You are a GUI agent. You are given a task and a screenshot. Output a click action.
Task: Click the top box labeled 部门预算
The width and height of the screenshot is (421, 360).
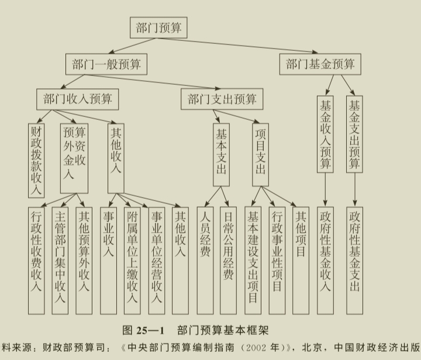[158, 27]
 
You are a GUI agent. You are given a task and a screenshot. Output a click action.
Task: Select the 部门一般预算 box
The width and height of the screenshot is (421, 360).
[106, 63]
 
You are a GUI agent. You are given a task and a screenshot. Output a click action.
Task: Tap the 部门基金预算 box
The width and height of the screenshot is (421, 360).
[320, 63]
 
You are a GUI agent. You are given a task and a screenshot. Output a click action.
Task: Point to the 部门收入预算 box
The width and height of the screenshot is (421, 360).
[77, 98]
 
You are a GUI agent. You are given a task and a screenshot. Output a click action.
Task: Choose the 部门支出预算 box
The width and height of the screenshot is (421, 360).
[222, 98]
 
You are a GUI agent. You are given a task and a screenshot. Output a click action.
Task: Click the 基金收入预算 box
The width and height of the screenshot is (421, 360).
[326, 133]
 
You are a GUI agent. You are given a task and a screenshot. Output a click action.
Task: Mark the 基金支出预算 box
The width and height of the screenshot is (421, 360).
[354, 133]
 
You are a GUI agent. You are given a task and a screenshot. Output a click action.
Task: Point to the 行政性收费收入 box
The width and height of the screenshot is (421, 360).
[36, 259]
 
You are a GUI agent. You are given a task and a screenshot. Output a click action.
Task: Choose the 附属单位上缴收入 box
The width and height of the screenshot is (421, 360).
[132, 259]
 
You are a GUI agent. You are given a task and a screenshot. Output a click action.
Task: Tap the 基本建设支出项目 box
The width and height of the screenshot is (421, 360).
[253, 259]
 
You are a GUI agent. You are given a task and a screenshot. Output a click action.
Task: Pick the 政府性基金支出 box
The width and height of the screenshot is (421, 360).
[354, 259]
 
